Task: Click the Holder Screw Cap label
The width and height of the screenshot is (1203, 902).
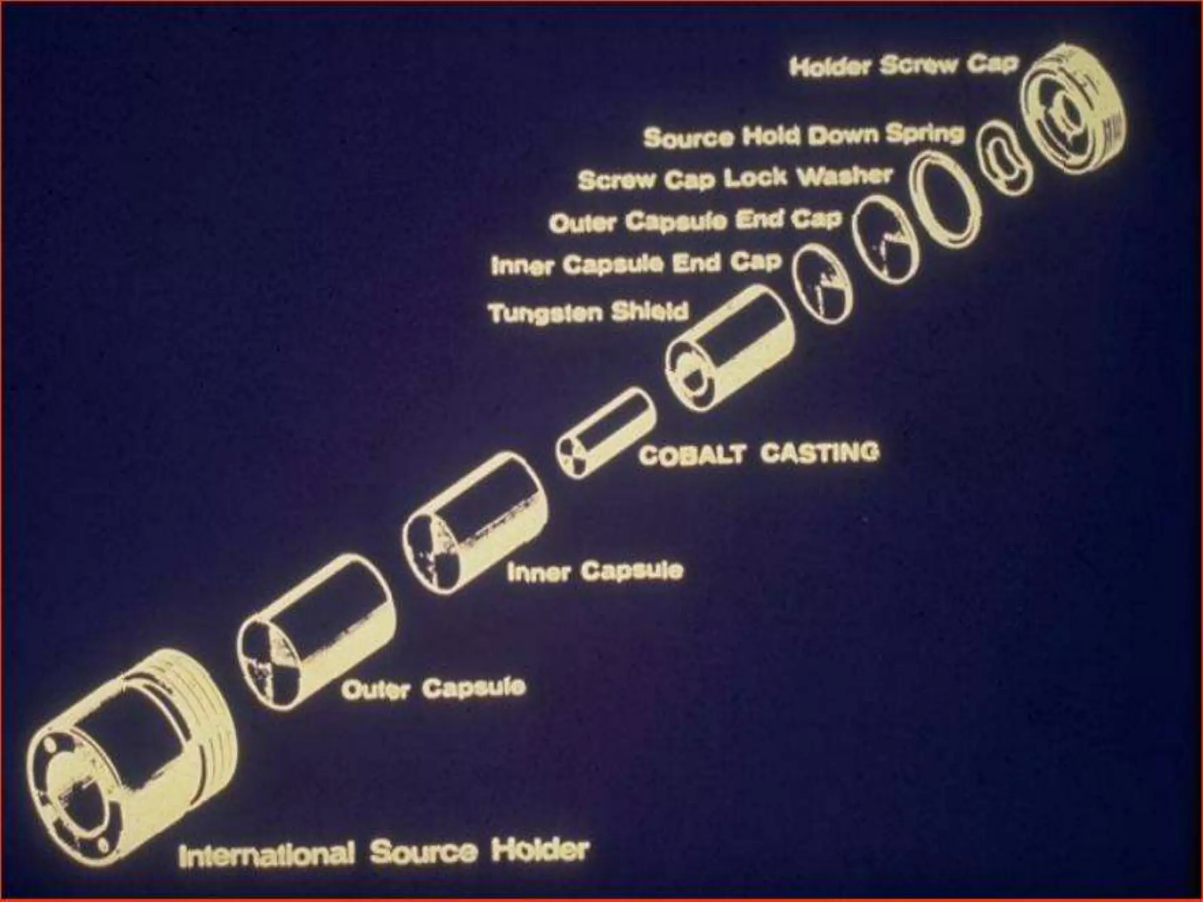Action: [x=903, y=66]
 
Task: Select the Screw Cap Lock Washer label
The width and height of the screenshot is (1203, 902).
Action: [x=735, y=179]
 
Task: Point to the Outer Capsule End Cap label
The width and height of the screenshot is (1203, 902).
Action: [x=695, y=221]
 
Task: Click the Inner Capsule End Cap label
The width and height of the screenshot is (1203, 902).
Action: [x=637, y=264]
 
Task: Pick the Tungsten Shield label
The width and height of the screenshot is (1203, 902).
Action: [x=588, y=312]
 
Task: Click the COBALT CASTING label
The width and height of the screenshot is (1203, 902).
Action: [x=759, y=453]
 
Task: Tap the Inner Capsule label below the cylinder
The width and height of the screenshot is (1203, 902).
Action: [x=595, y=571]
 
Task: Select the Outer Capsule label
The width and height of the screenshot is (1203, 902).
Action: [x=433, y=688]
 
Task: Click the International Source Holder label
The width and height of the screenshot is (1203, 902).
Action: [x=383, y=852]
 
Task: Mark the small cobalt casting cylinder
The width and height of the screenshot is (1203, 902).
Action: [x=606, y=433]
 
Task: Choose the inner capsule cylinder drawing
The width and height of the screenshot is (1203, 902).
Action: [x=475, y=523]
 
